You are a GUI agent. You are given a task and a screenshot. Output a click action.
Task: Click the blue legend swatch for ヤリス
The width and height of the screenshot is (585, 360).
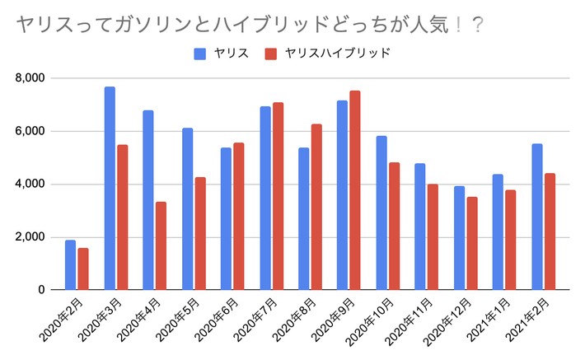click(199, 54)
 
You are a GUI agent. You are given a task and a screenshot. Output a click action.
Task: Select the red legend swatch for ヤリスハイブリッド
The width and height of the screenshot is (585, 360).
click(270, 54)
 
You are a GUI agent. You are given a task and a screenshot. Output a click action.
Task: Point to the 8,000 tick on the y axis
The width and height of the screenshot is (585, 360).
click(30, 78)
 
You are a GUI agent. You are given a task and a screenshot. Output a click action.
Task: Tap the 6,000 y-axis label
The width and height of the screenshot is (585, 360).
click(30, 131)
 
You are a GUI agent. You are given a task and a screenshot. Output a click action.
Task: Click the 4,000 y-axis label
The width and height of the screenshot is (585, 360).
click(30, 185)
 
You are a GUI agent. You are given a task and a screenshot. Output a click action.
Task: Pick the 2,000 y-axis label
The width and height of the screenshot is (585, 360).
click(30, 237)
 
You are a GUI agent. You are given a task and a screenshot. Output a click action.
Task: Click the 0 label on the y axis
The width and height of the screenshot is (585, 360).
click(40, 290)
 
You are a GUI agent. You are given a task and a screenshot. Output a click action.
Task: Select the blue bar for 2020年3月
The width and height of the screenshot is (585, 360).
click(110, 189)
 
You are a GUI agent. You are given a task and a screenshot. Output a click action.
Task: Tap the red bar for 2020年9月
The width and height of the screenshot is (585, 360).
click(355, 190)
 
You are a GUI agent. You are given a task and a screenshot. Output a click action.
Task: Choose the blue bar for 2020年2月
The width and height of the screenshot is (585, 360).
click(71, 265)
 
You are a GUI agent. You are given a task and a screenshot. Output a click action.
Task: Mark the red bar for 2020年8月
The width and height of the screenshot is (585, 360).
click(316, 207)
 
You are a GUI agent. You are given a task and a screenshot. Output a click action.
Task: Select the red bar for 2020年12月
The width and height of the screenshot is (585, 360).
click(471, 243)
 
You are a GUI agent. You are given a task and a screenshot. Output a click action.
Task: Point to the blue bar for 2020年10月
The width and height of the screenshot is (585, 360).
click(381, 213)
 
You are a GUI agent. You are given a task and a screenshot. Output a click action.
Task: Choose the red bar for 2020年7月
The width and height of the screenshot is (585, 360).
click(278, 196)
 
